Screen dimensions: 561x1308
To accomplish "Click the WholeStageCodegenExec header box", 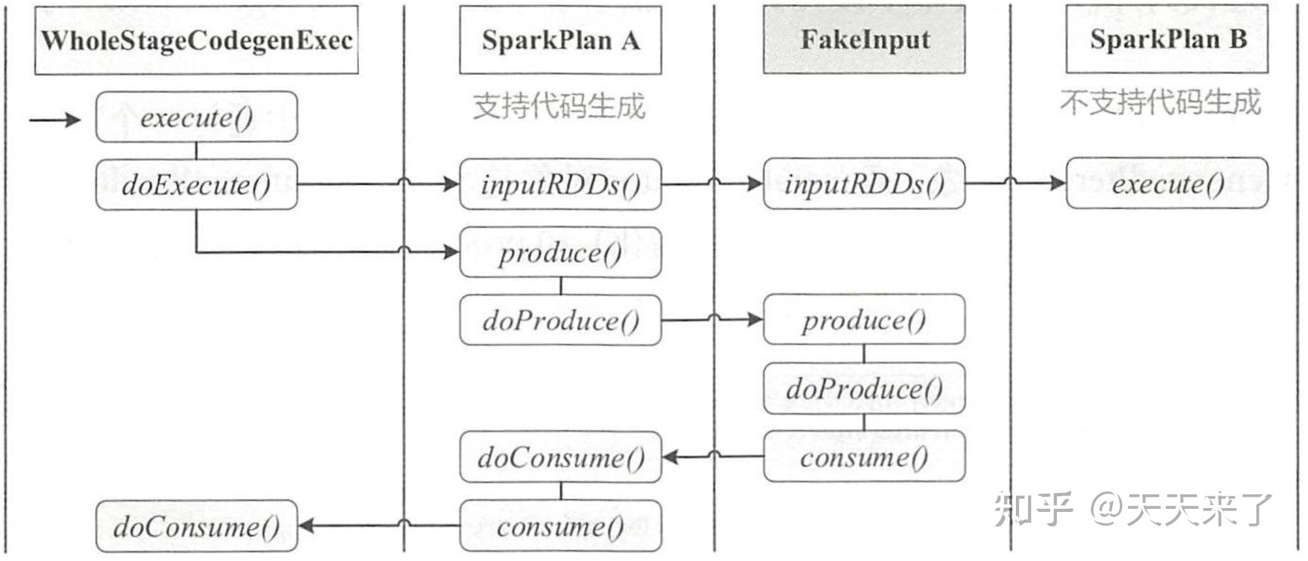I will (x=196, y=40).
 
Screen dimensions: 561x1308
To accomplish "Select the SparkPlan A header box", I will (x=560, y=40).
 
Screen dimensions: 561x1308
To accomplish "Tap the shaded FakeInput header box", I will (x=864, y=40).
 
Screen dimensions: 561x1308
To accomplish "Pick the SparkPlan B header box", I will (x=1167, y=39).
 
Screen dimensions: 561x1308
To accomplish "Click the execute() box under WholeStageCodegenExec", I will (x=196, y=117).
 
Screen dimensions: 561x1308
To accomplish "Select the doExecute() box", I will (x=196, y=184).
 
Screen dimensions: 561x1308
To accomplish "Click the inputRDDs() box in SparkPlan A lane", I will (x=560, y=184).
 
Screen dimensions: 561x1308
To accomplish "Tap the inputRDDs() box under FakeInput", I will (x=864, y=184).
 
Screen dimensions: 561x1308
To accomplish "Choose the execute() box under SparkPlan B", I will (x=1167, y=184).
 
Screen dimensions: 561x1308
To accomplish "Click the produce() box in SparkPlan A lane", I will (x=560, y=253).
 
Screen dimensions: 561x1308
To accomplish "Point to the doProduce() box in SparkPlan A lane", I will (x=560, y=320).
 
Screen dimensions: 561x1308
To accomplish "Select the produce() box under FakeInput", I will (x=864, y=319).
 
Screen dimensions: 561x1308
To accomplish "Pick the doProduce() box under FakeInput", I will (x=864, y=388).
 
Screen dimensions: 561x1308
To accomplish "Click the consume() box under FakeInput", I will (x=864, y=457).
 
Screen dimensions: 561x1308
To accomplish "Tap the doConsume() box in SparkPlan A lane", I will (x=560, y=457).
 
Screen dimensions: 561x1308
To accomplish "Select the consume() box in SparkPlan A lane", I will (x=560, y=526).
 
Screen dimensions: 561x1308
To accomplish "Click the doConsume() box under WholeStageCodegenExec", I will (x=196, y=526).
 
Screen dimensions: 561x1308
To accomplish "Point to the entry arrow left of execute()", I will (x=55, y=119).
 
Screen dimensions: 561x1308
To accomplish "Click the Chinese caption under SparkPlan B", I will (x=1161, y=102).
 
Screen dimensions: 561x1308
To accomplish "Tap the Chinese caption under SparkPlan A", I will (x=559, y=105).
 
